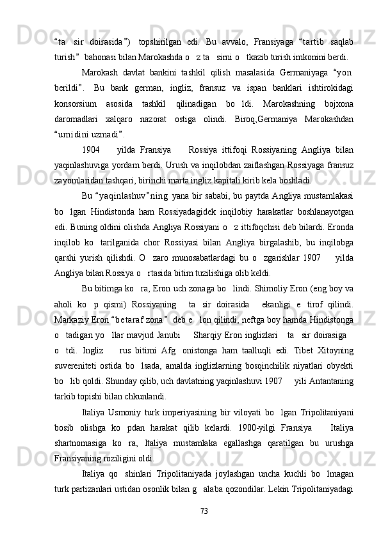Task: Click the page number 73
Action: click(204, 511)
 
